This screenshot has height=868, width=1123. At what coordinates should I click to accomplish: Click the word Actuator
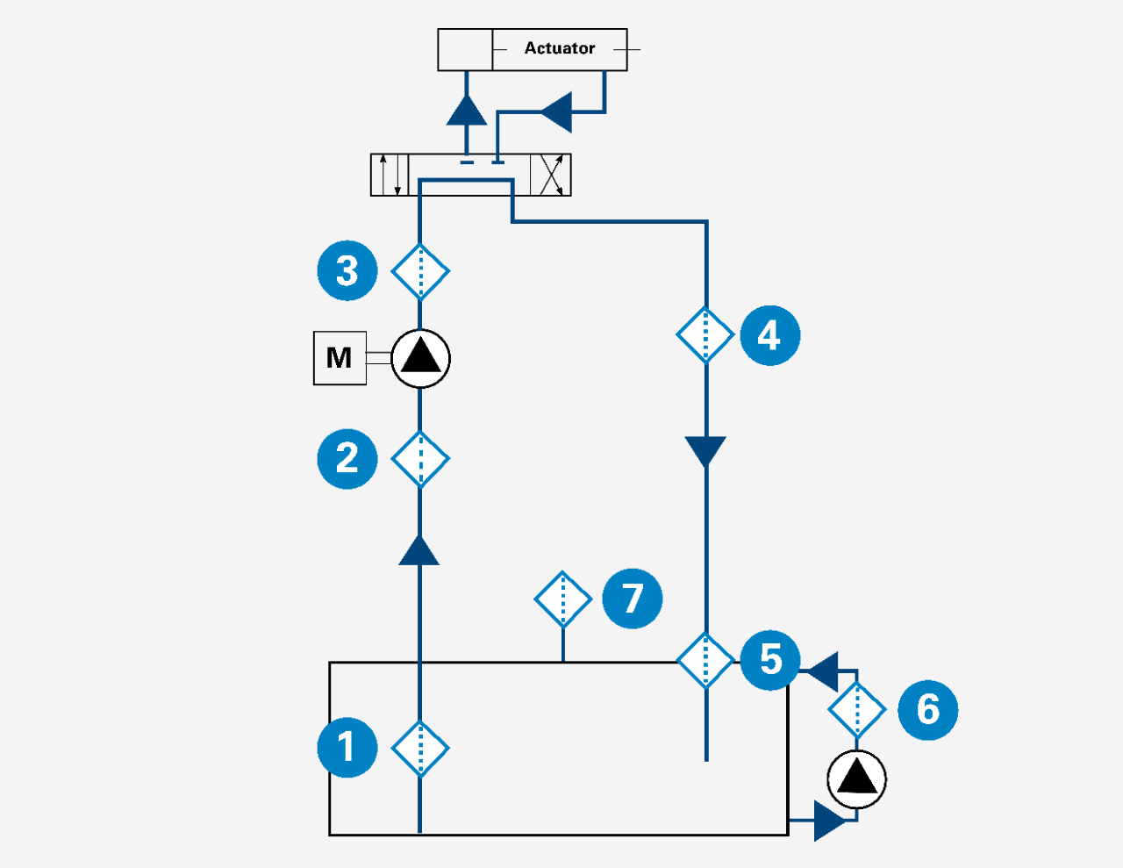[x=559, y=48]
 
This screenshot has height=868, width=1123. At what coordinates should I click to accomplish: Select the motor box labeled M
[x=340, y=358]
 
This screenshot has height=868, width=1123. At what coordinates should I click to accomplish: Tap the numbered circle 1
[x=347, y=748]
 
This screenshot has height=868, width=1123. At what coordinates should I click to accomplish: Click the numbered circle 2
[x=347, y=458]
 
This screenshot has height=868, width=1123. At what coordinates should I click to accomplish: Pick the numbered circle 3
[x=347, y=270]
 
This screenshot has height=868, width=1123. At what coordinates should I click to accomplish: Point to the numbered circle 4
[x=769, y=334]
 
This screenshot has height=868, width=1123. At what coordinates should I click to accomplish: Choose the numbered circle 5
[x=769, y=659]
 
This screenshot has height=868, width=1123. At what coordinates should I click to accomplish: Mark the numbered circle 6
[x=927, y=709]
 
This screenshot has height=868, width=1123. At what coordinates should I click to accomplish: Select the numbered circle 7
[x=633, y=599]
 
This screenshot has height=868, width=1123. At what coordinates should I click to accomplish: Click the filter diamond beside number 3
[x=420, y=271]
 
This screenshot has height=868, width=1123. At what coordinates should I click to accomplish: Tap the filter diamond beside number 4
[x=705, y=334]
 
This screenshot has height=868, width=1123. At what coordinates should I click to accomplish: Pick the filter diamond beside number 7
[x=562, y=599]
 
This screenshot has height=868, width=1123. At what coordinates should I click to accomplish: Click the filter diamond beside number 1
[x=420, y=748]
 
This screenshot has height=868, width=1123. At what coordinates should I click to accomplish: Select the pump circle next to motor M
[x=420, y=358]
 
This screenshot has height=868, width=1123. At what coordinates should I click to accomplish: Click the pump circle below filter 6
[x=856, y=779]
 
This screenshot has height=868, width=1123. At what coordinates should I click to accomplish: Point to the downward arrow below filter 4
[x=705, y=451]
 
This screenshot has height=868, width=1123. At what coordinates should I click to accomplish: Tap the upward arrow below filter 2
[x=419, y=551]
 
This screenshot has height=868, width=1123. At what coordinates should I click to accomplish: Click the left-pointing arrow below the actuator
[x=556, y=111]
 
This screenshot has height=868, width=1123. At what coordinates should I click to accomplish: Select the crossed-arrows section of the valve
[x=551, y=175]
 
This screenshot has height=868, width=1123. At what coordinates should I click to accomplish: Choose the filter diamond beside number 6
[x=856, y=710]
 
